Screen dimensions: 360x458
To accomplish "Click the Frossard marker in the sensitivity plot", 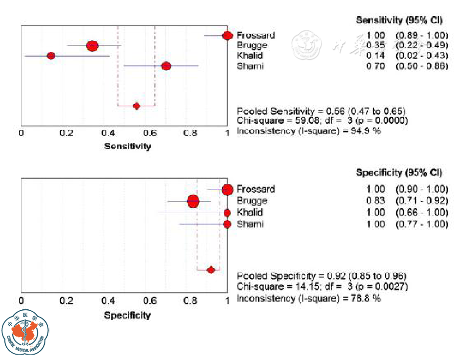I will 227,35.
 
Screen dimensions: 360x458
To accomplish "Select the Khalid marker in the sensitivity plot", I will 51,56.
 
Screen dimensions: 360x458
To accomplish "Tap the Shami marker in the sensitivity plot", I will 166,66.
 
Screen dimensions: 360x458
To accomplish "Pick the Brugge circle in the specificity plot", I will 193,201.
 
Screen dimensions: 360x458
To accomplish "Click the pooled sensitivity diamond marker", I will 137,106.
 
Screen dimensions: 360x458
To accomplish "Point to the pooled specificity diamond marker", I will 211,269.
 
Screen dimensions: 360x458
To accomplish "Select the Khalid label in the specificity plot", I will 250,212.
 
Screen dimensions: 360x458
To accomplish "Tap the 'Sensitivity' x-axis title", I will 127,146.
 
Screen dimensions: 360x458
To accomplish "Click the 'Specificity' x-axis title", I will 127,315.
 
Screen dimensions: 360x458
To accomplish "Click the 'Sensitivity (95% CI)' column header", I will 399,20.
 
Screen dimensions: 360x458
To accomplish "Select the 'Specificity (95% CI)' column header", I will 399,173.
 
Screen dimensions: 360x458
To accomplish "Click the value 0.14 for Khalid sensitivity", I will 375,56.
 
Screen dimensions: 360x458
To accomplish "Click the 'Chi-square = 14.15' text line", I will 322,286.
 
